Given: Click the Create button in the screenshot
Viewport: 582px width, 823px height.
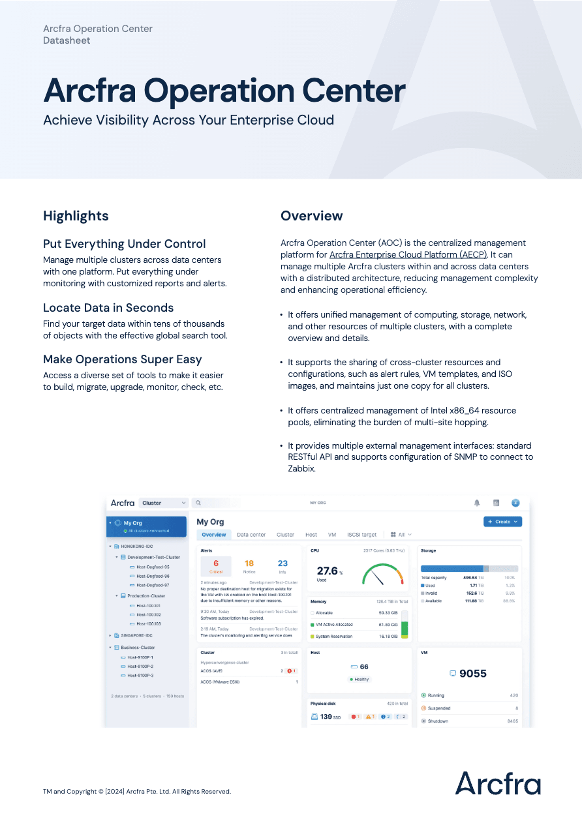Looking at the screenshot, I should [502, 522].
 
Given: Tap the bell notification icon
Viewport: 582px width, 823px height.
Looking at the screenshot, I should [477, 503].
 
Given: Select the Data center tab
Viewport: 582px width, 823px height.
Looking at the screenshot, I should [251, 535].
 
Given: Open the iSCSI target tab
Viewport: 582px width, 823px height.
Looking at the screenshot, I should [361, 535].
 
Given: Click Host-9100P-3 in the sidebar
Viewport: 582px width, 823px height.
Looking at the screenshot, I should [140, 676].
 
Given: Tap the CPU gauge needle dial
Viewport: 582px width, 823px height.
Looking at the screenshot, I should [382, 575].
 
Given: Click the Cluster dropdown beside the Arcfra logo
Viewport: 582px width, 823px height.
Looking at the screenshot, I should [164, 503].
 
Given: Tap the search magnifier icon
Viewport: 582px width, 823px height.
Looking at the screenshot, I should [198, 503].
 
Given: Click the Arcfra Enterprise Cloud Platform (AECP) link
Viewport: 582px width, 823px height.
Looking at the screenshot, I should [408, 255].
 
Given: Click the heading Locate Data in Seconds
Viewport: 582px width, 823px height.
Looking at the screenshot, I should [108, 308].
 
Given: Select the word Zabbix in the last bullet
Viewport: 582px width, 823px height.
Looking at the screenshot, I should [301, 468].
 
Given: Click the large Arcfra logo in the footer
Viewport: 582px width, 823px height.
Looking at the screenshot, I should [498, 783].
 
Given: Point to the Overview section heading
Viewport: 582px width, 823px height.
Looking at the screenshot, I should [311, 216].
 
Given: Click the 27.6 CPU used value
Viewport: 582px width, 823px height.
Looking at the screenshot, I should [328, 571].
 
